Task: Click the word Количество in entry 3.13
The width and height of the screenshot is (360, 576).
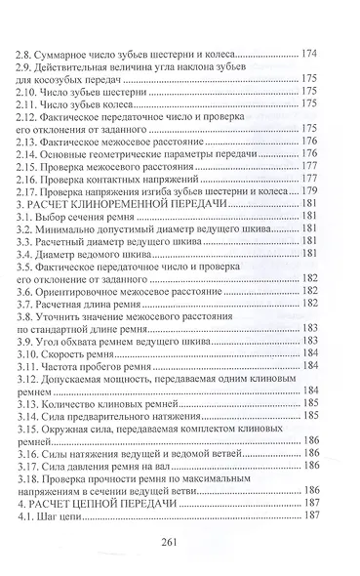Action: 77,414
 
